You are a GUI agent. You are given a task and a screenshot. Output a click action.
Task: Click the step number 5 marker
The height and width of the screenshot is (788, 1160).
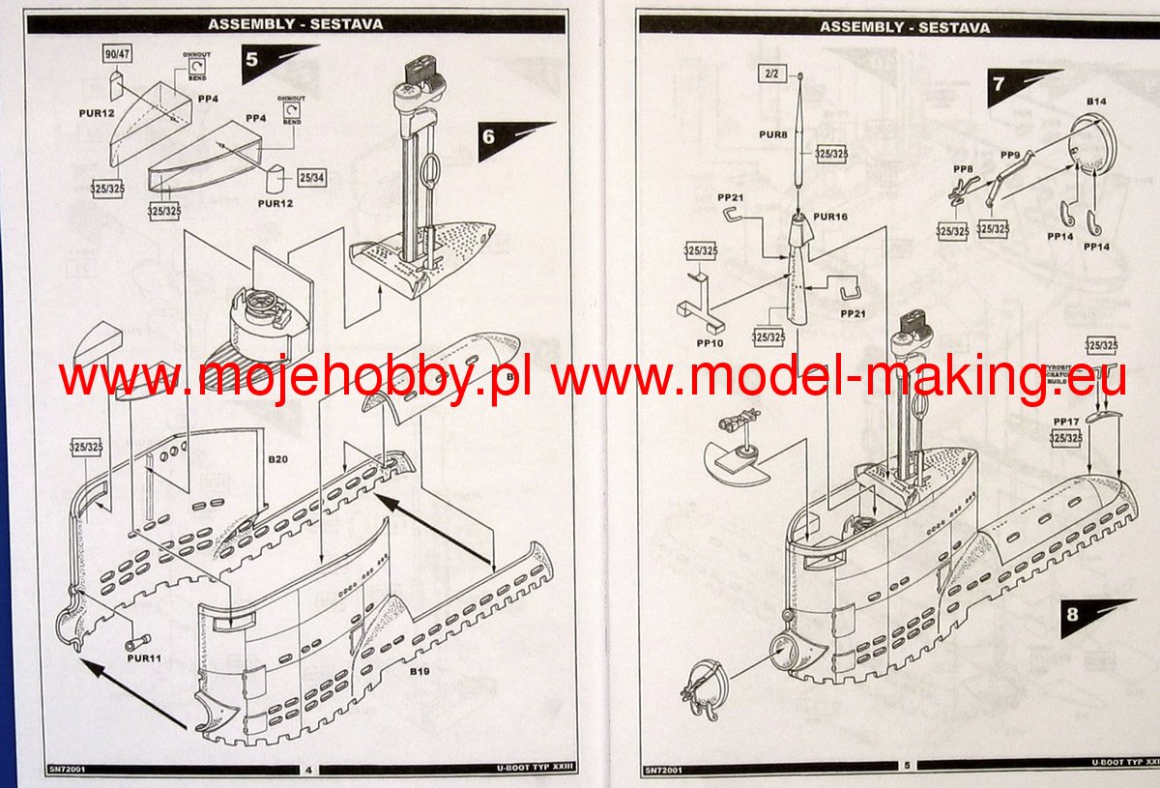click(x=252, y=59)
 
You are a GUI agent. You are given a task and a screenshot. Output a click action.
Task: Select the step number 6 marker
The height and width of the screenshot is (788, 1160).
click(x=489, y=136)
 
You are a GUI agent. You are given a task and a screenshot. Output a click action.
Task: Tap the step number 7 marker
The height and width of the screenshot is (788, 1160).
click(x=998, y=84)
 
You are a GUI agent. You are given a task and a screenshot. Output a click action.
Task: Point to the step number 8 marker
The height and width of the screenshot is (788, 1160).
click(x=1072, y=614)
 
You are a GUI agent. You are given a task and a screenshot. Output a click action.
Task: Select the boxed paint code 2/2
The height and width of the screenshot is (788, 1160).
click(x=771, y=73)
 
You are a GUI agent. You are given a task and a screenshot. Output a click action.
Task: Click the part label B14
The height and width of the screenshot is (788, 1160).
click(x=1096, y=101)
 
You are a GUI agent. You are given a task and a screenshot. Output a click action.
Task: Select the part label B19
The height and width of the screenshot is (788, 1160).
click(x=419, y=671)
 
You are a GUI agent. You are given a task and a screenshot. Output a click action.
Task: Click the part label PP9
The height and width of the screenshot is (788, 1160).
click(x=1010, y=155)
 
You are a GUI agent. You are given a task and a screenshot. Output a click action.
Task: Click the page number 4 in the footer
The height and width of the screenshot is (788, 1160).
click(x=307, y=770)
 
